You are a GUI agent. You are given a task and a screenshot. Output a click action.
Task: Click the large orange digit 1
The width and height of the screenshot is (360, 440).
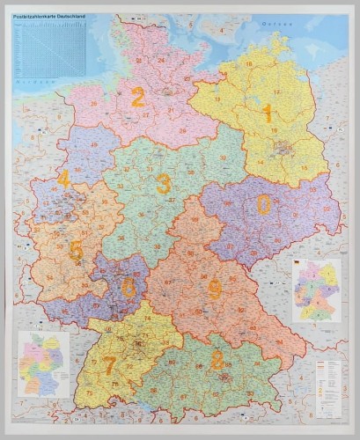coord(267,112)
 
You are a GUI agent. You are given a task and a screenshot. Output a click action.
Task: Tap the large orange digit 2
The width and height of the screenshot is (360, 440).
coord(137,97)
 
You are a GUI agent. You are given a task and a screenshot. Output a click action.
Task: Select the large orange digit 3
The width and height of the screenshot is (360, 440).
coord(163,183)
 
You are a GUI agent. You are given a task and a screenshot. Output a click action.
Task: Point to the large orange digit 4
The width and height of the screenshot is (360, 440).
coord(63,180)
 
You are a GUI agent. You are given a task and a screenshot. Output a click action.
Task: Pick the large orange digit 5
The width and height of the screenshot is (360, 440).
coord(76,251)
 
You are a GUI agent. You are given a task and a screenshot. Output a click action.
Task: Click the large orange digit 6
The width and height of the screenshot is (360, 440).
coord(129,287)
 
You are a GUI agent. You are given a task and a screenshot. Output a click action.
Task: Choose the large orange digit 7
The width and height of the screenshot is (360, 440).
coord(109,364)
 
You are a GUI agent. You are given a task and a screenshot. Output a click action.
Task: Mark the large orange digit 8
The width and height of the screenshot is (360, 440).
coord(217,359)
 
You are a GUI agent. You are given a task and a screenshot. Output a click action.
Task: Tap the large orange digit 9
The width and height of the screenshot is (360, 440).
coord(214,289)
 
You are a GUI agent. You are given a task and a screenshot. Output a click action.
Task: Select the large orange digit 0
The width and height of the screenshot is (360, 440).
coord(263,204)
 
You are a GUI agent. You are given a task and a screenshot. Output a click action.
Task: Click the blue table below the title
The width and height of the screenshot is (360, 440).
coord(51,49)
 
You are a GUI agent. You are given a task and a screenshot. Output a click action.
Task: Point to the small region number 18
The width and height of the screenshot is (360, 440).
coord(249,64)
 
